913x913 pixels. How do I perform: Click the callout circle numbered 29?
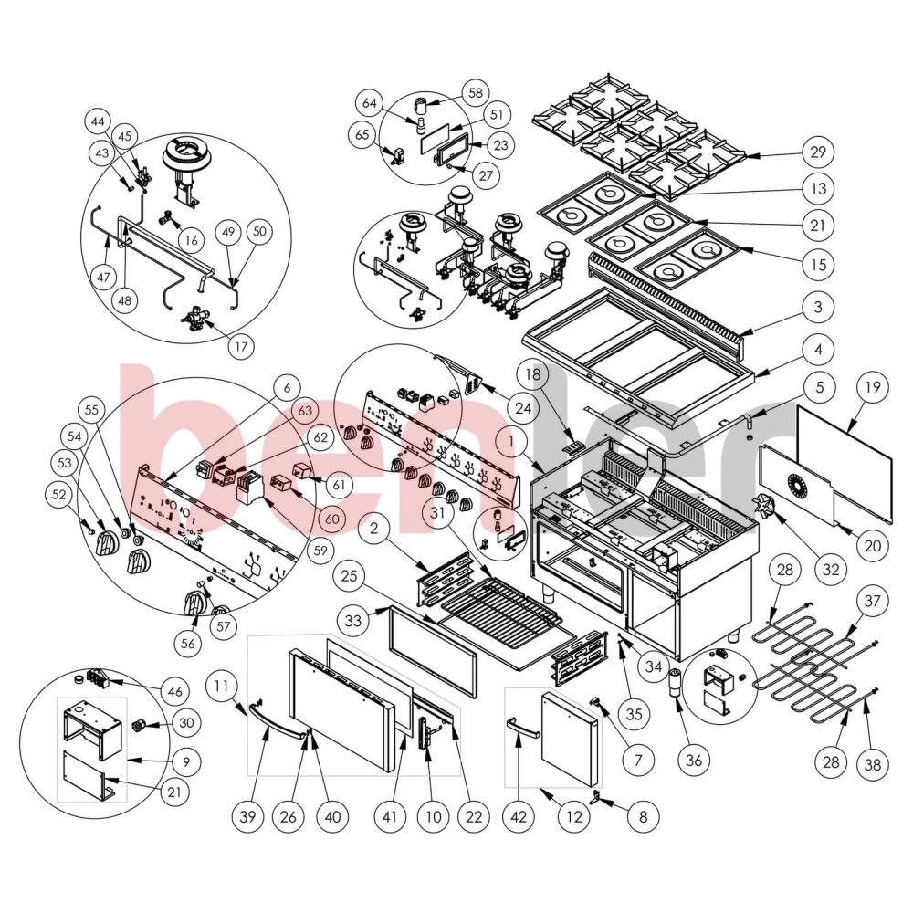tap(818, 152)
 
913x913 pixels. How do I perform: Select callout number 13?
tap(818, 189)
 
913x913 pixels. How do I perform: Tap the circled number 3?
tap(818, 307)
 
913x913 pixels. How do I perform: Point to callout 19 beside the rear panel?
tap(872, 387)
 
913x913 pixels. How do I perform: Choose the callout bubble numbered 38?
tap(872, 764)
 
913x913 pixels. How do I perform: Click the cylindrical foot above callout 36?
tap(676, 682)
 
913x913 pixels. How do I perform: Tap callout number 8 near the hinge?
tap(643, 816)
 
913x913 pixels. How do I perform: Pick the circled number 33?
tap(352, 621)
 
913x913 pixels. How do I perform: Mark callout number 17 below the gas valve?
tap(241, 347)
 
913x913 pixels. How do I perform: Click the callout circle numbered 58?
tap(476, 92)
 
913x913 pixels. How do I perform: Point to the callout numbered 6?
tap(287, 388)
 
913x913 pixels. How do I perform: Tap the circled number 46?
tap(174, 692)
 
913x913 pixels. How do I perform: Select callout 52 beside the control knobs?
tap(59, 495)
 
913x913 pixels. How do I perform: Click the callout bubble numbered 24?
tap(523, 408)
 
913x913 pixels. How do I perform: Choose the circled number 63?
tap(305, 411)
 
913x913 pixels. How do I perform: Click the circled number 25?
tap(349, 576)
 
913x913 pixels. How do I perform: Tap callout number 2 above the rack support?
tap(373, 529)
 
